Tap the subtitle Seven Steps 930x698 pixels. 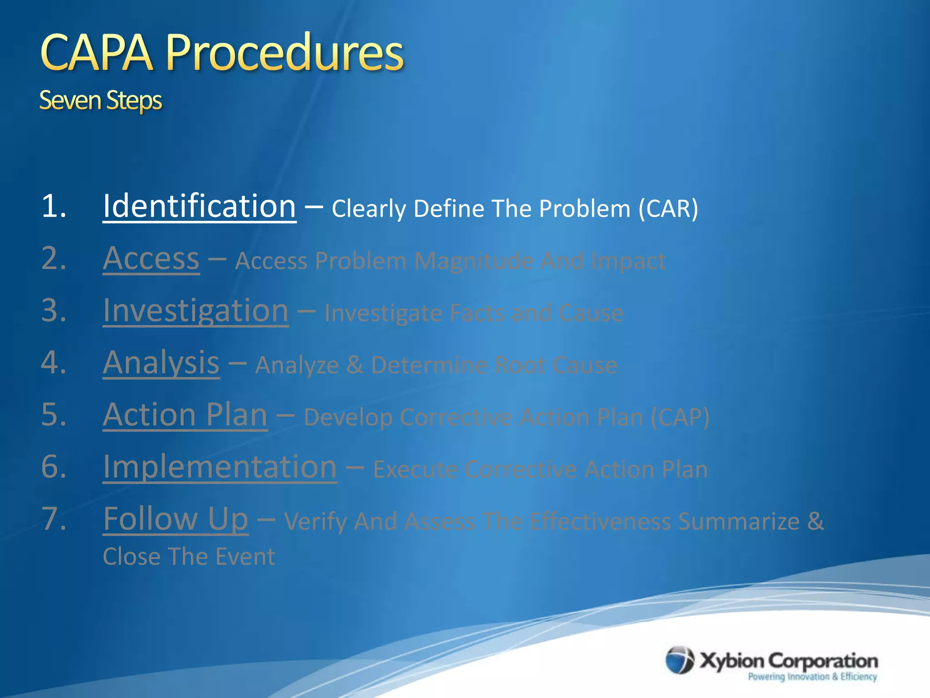pos(100,100)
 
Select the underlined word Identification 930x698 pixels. pos(199,206)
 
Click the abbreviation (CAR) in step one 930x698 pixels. pos(668,209)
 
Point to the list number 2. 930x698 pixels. pos(54,259)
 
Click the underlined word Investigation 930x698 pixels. pos(196,311)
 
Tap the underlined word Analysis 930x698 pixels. pos(161,363)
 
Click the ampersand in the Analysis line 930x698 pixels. pos(355,365)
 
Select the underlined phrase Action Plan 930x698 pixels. pos(185,415)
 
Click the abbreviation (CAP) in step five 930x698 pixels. pos(679,417)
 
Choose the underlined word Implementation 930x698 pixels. pos(220,467)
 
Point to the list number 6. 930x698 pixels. pos(54,467)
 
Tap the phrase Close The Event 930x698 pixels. pos(188,557)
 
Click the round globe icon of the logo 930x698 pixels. pos(679,660)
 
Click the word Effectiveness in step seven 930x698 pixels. pos(600,522)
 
